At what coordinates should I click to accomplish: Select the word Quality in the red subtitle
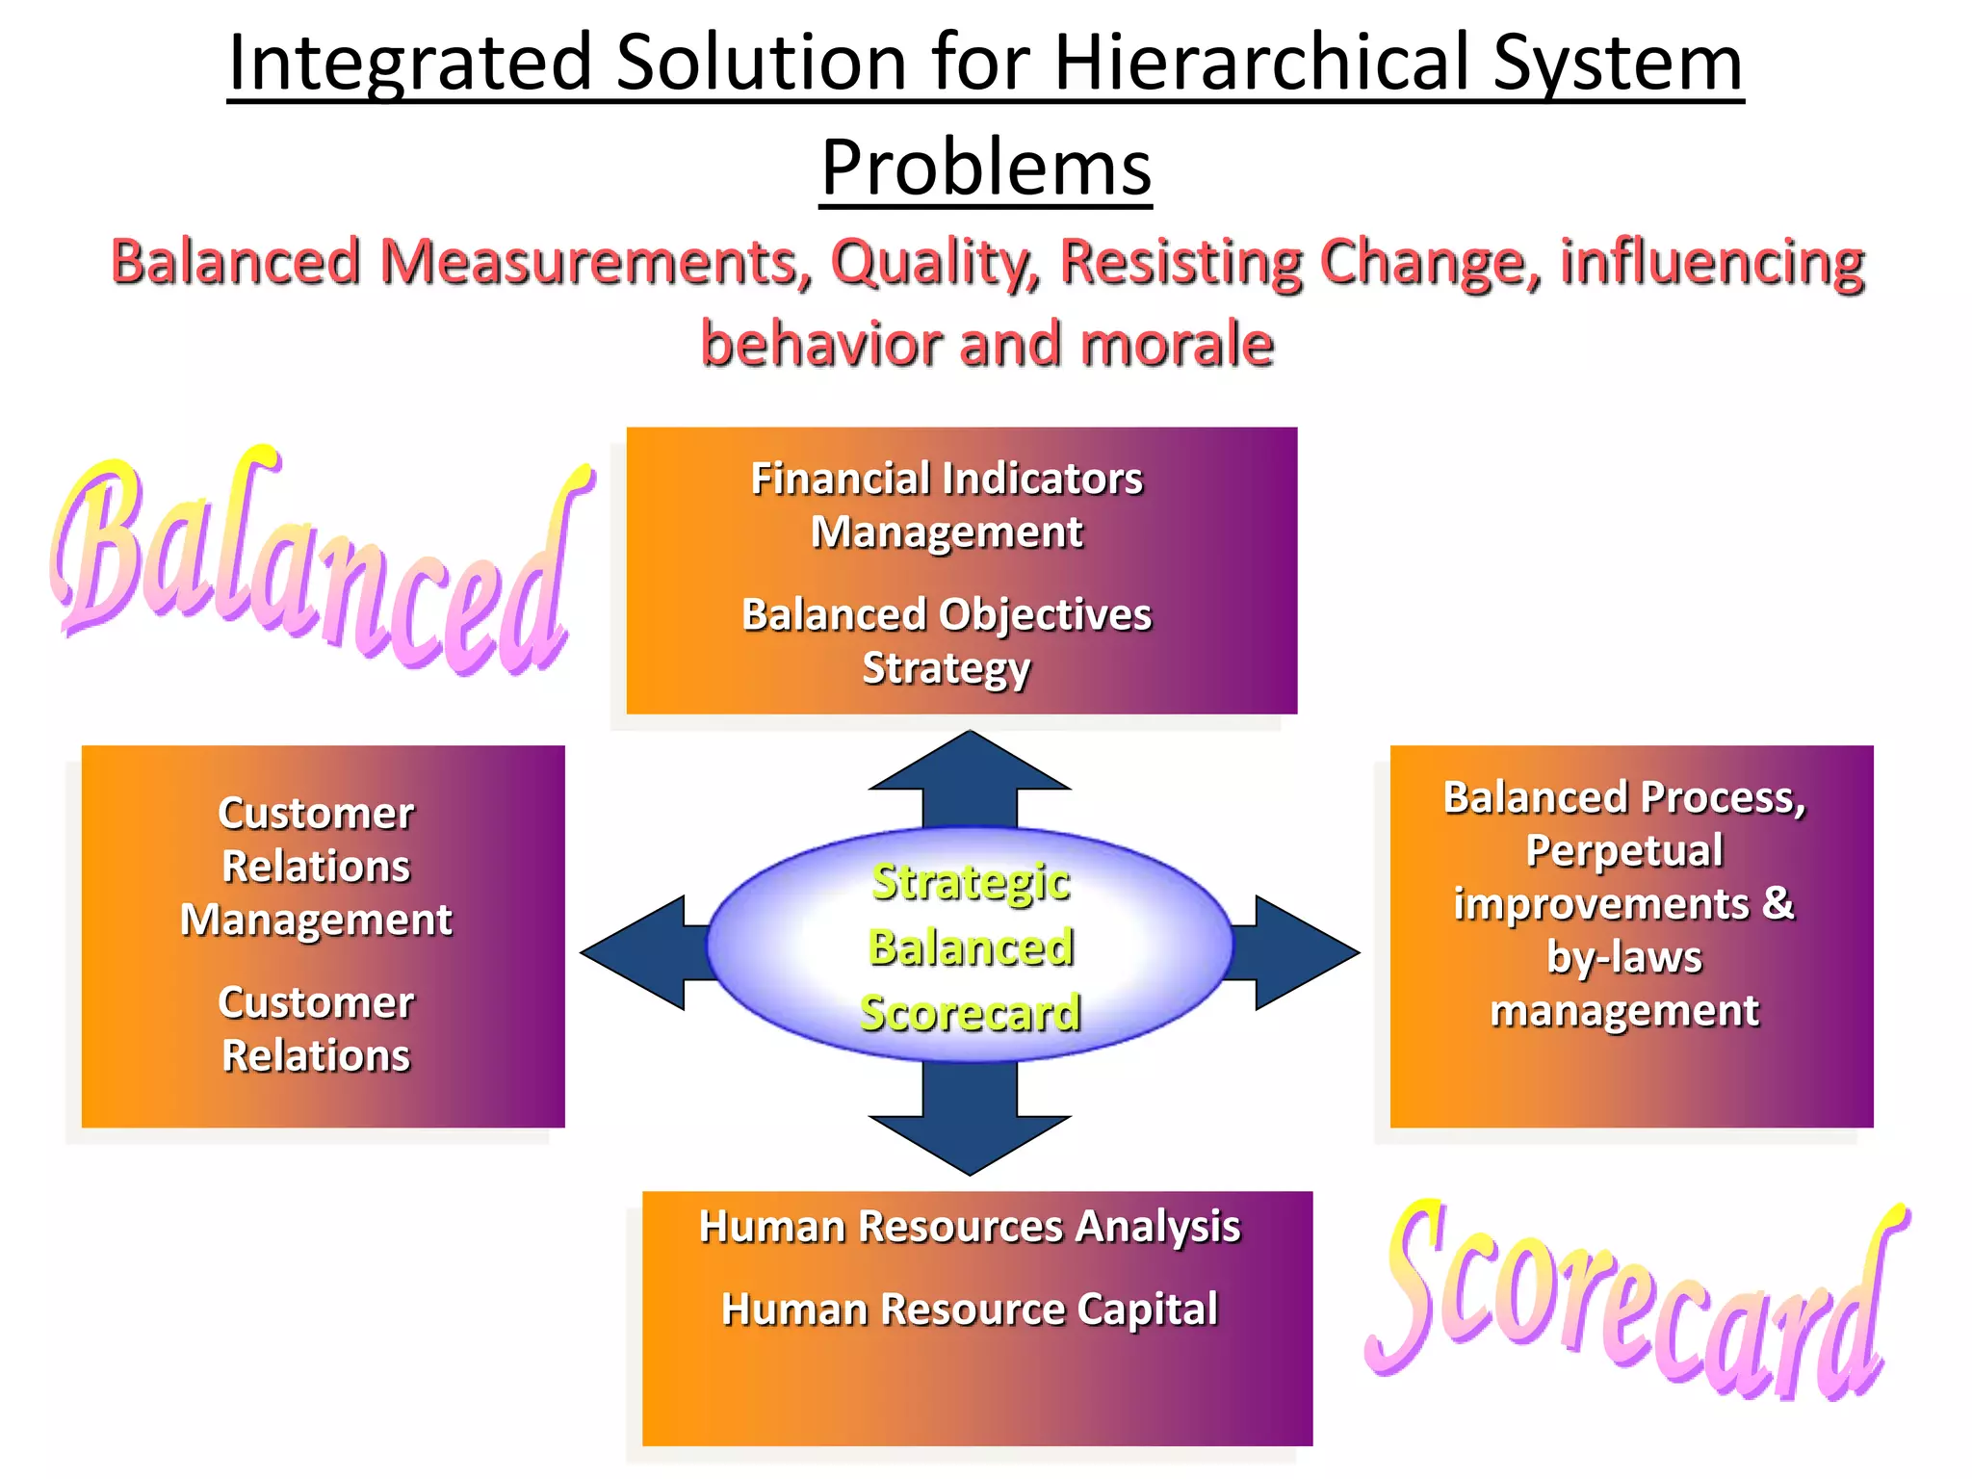pyautogui.click(x=934, y=262)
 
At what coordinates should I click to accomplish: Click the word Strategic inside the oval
pyautogui.click(x=971, y=882)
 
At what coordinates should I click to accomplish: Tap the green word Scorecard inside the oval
pyautogui.click(x=971, y=1013)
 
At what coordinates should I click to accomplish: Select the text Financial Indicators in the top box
pyautogui.click(x=947, y=479)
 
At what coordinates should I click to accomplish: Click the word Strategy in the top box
pyautogui.click(x=947, y=668)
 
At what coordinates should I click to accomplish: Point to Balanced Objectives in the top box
pyautogui.click(x=947, y=614)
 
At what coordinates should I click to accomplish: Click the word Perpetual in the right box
pyautogui.click(x=1624, y=851)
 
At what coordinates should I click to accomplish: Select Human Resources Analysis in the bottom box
pyautogui.click(x=970, y=1227)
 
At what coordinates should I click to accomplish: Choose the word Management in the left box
pyautogui.click(x=316, y=921)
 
